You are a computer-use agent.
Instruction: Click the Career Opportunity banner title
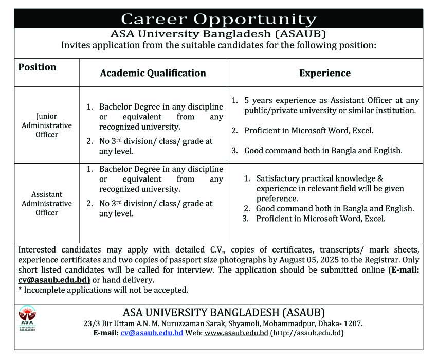click(x=219, y=19)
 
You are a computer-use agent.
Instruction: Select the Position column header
click(x=37, y=67)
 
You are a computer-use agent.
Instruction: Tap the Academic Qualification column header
click(x=153, y=73)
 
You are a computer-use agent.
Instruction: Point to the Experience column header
click(x=324, y=73)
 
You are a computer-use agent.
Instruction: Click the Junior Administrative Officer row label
click(x=47, y=125)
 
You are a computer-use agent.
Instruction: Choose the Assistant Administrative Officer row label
click(x=47, y=203)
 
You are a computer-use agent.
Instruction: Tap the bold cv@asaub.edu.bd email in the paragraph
click(x=54, y=280)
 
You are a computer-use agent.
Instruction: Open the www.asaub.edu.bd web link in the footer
click(x=236, y=333)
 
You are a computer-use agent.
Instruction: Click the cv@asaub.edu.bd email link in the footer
click(x=152, y=333)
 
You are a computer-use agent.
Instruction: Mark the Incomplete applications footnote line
click(x=103, y=290)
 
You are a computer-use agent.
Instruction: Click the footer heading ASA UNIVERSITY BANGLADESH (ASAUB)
click(x=224, y=312)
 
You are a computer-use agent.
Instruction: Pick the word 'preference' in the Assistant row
click(x=277, y=199)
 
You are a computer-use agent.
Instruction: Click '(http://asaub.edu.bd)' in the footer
click(x=307, y=333)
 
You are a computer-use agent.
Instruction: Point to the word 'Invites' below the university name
click(x=76, y=45)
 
